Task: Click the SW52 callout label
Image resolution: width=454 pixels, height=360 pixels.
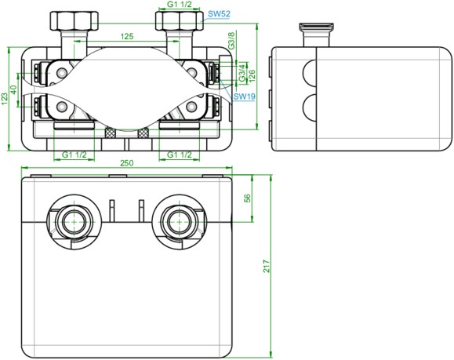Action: pyautogui.click(x=220, y=13)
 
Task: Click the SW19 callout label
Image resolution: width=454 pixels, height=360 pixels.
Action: pyautogui.click(x=245, y=96)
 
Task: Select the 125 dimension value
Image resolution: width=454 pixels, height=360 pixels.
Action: pyautogui.click(x=127, y=36)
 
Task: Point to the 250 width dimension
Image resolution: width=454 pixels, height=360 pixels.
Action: pyautogui.click(x=127, y=163)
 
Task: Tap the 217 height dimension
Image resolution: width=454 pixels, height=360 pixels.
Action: pyautogui.click(x=267, y=266)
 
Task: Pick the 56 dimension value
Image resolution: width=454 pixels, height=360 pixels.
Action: pyautogui.click(x=248, y=198)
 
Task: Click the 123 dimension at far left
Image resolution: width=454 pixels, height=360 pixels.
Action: pyautogui.click(x=5, y=99)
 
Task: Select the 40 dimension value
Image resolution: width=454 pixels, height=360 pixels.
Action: pyautogui.click(x=14, y=89)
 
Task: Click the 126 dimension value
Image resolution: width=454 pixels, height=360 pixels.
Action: pyautogui.click(x=252, y=75)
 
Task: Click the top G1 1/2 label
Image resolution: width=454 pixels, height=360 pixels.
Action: pyautogui.click(x=180, y=5)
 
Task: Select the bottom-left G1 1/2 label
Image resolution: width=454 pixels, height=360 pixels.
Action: pyautogui.click(x=74, y=155)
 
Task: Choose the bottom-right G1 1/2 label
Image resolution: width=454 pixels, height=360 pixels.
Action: pyautogui.click(x=180, y=155)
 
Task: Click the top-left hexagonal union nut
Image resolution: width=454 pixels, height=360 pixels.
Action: pyautogui.click(x=74, y=21)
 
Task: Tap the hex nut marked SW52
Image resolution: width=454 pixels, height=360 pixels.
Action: pyautogui.click(x=180, y=21)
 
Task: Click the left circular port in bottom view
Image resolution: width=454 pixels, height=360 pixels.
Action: pyautogui.click(x=74, y=221)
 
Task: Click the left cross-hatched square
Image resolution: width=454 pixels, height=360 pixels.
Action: pyautogui.click(x=110, y=133)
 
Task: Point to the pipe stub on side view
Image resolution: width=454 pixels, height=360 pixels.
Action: pyautogui.click(x=316, y=35)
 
